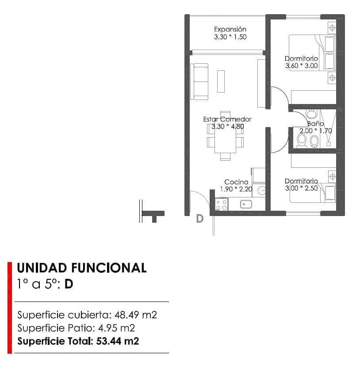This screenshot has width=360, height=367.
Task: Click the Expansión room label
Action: [230, 29]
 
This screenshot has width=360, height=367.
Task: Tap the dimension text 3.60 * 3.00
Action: [301, 66]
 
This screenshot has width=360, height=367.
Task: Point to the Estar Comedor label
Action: [227, 119]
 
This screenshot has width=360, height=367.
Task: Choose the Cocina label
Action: [236, 182]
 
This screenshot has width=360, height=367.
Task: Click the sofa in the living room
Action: [199, 81]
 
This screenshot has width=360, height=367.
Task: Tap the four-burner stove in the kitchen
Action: [221, 204]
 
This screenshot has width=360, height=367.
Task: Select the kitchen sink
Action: [246, 204]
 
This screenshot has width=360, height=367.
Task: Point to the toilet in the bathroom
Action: [302, 140]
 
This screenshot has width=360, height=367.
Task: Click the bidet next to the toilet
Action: [314, 141]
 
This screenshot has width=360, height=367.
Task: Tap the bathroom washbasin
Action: [312, 114]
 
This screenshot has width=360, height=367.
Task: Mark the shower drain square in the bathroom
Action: [329, 144]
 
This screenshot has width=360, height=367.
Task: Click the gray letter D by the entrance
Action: [199, 219]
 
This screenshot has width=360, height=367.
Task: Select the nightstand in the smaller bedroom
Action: [331, 176]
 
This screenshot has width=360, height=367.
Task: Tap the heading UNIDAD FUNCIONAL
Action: [81, 268]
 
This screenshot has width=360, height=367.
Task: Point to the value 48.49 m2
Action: [136, 315]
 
